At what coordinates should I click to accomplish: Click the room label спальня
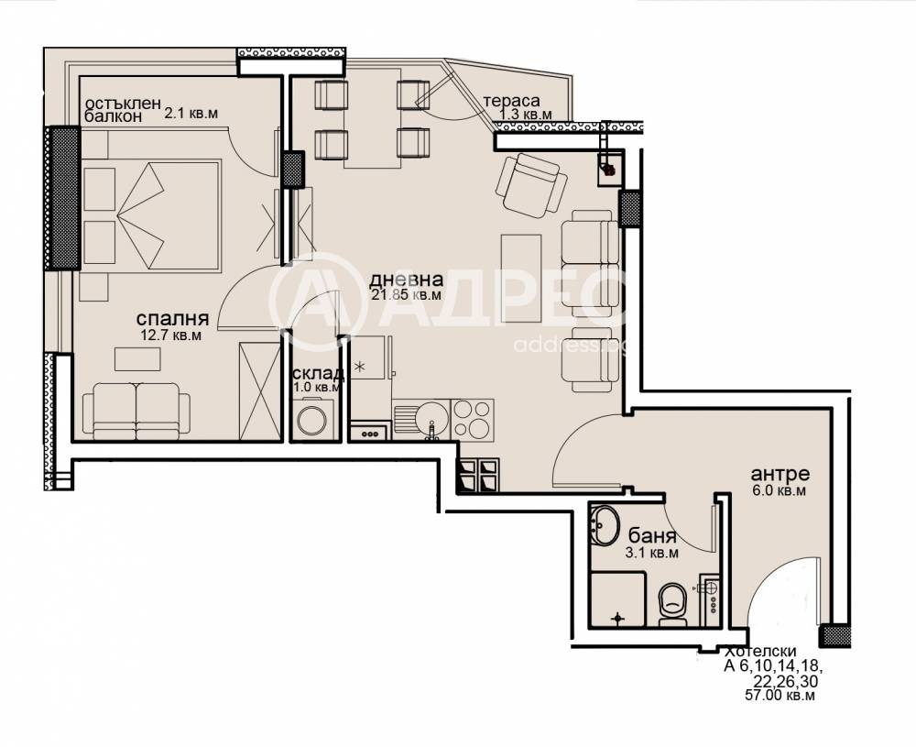point(172,319)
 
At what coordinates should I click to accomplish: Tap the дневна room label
point(406,280)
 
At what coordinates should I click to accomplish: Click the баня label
point(652,536)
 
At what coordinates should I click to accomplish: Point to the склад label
point(318,374)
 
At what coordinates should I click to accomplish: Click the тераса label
point(512,101)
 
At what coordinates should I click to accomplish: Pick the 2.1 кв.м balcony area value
point(191,114)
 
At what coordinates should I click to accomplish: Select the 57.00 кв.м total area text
point(780,696)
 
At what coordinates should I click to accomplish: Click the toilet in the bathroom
point(673,604)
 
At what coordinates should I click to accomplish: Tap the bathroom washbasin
point(605,524)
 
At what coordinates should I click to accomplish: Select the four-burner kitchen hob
point(473,419)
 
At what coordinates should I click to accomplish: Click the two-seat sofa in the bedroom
point(136,411)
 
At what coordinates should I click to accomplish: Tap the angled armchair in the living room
point(531,185)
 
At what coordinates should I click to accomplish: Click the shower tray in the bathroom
point(618,599)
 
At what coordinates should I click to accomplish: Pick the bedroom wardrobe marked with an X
point(259,389)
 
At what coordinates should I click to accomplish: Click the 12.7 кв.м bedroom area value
point(170,335)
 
